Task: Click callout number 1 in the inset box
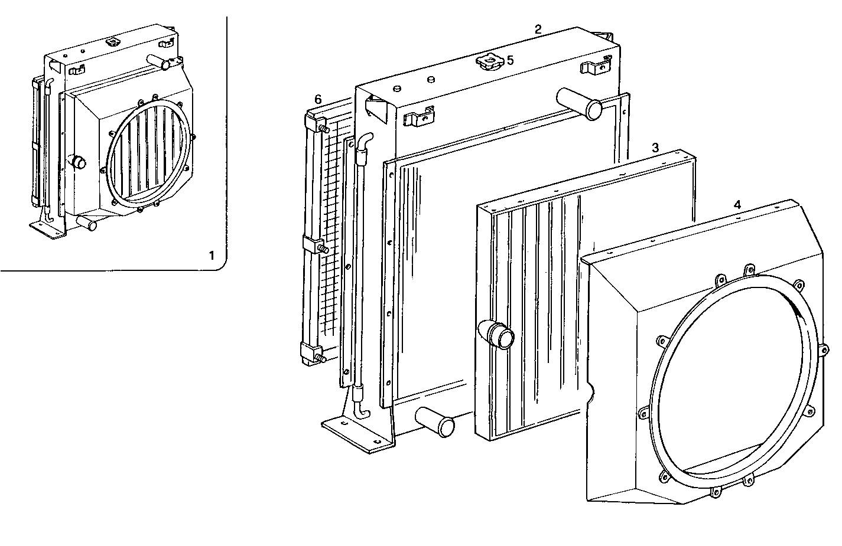coord(212,256)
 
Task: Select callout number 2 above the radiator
coord(537,30)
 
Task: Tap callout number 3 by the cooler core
coord(655,147)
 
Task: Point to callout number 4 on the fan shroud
coord(737,205)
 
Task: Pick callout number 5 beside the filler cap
coord(509,60)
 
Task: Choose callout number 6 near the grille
coord(317,99)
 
